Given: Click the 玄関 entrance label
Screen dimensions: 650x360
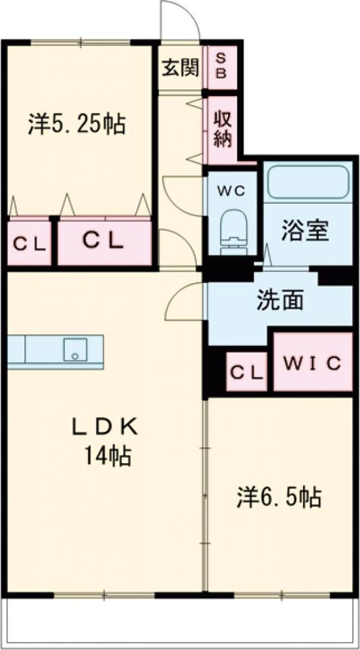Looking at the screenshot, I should [181, 68].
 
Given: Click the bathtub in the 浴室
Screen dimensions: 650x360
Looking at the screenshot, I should [308, 181].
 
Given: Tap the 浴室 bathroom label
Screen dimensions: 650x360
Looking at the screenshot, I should [305, 231].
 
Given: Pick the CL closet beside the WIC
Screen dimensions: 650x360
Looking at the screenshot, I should [247, 372].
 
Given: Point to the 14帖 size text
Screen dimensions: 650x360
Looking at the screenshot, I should [107, 456].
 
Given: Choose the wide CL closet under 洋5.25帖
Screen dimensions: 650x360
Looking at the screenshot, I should [103, 241].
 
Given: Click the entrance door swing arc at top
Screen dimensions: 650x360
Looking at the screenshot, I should [180, 20].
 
